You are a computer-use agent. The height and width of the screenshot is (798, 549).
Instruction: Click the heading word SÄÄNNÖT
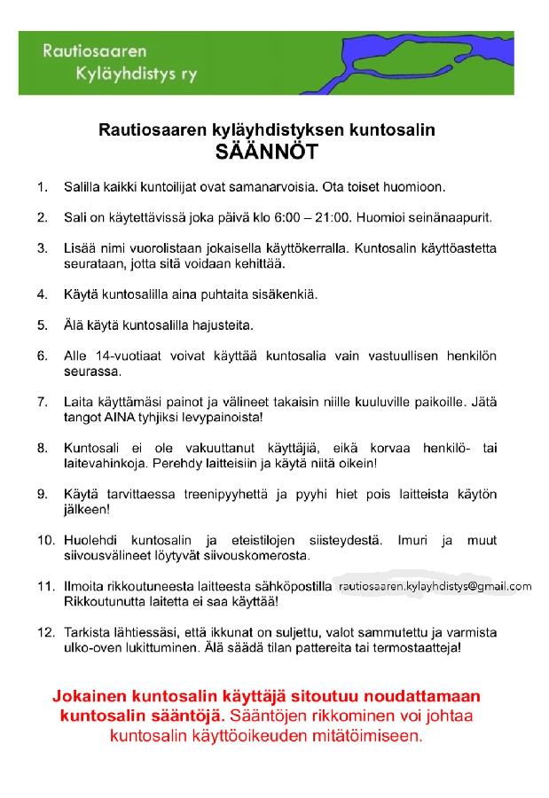(x=266, y=152)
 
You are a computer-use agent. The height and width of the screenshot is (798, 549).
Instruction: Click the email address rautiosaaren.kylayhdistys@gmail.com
(x=435, y=586)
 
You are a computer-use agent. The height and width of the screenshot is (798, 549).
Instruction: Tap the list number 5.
(x=42, y=325)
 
